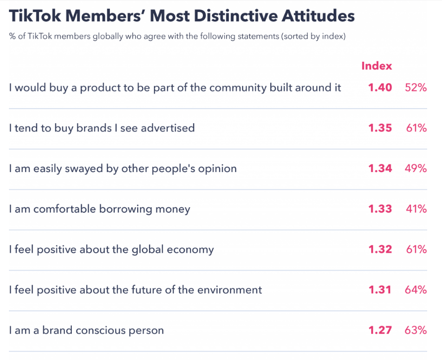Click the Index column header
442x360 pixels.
[x=376, y=66]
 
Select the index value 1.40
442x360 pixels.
[x=380, y=88]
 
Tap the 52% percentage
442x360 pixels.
[x=416, y=88]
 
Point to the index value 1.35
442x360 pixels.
[x=380, y=128]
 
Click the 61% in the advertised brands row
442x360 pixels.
[x=416, y=128]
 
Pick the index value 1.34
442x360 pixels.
[x=380, y=169]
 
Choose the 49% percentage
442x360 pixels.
[x=416, y=169]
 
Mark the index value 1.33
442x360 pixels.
[x=380, y=209]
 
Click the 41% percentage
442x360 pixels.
[x=416, y=209]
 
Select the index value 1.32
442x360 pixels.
[x=380, y=249]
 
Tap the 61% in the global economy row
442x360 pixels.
[x=416, y=249]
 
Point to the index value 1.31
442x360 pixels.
[x=380, y=290]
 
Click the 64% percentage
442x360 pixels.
[x=416, y=290]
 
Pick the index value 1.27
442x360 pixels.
[x=380, y=330]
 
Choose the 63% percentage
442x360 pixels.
[x=416, y=330]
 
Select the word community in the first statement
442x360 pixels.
[x=238, y=88]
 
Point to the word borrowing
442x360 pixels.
[x=126, y=209]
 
